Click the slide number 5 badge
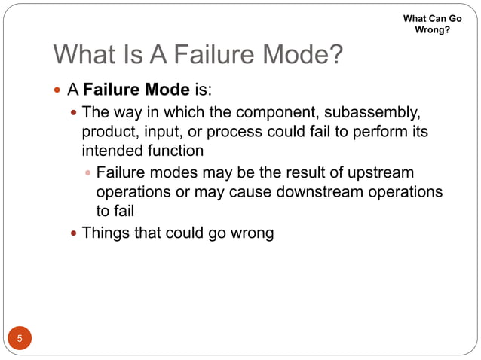[x=20, y=337]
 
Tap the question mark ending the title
[x=335, y=56]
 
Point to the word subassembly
[x=363, y=114]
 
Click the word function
[x=174, y=150]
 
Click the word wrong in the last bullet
[x=252, y=233]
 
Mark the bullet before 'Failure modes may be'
[x=88, y=174]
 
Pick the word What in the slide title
[x=83, y=56]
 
